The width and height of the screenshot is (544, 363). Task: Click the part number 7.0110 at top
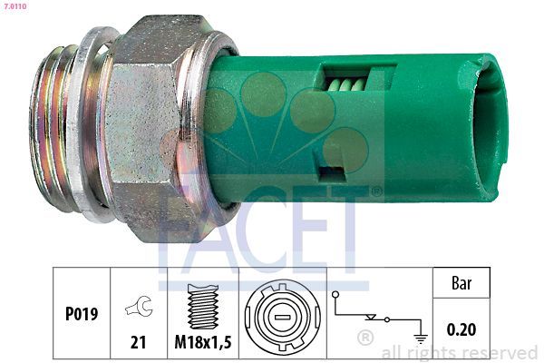[x=15, y=5]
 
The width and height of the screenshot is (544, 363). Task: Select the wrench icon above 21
[x=139, y=307]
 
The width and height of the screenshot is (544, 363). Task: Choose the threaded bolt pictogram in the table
[x=203, y=306]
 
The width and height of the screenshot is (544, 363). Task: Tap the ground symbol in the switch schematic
[x=419, y=338]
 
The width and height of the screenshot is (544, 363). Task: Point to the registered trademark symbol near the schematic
[x=364, y=338]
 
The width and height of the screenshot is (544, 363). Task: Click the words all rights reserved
[x=460, y=353]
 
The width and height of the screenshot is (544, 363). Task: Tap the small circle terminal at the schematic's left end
[x=336, y=297]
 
